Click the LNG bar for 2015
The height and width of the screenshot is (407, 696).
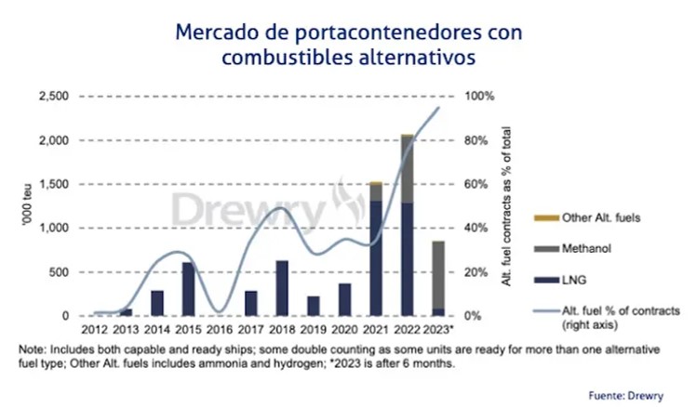188,289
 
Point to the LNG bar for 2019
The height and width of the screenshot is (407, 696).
314,306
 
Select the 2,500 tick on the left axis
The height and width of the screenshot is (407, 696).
54,97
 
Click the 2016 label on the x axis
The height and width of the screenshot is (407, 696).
220,329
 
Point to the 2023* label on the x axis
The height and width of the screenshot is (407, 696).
437,329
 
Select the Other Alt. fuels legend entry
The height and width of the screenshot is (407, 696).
602,217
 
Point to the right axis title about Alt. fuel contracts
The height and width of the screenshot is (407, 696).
508,206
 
